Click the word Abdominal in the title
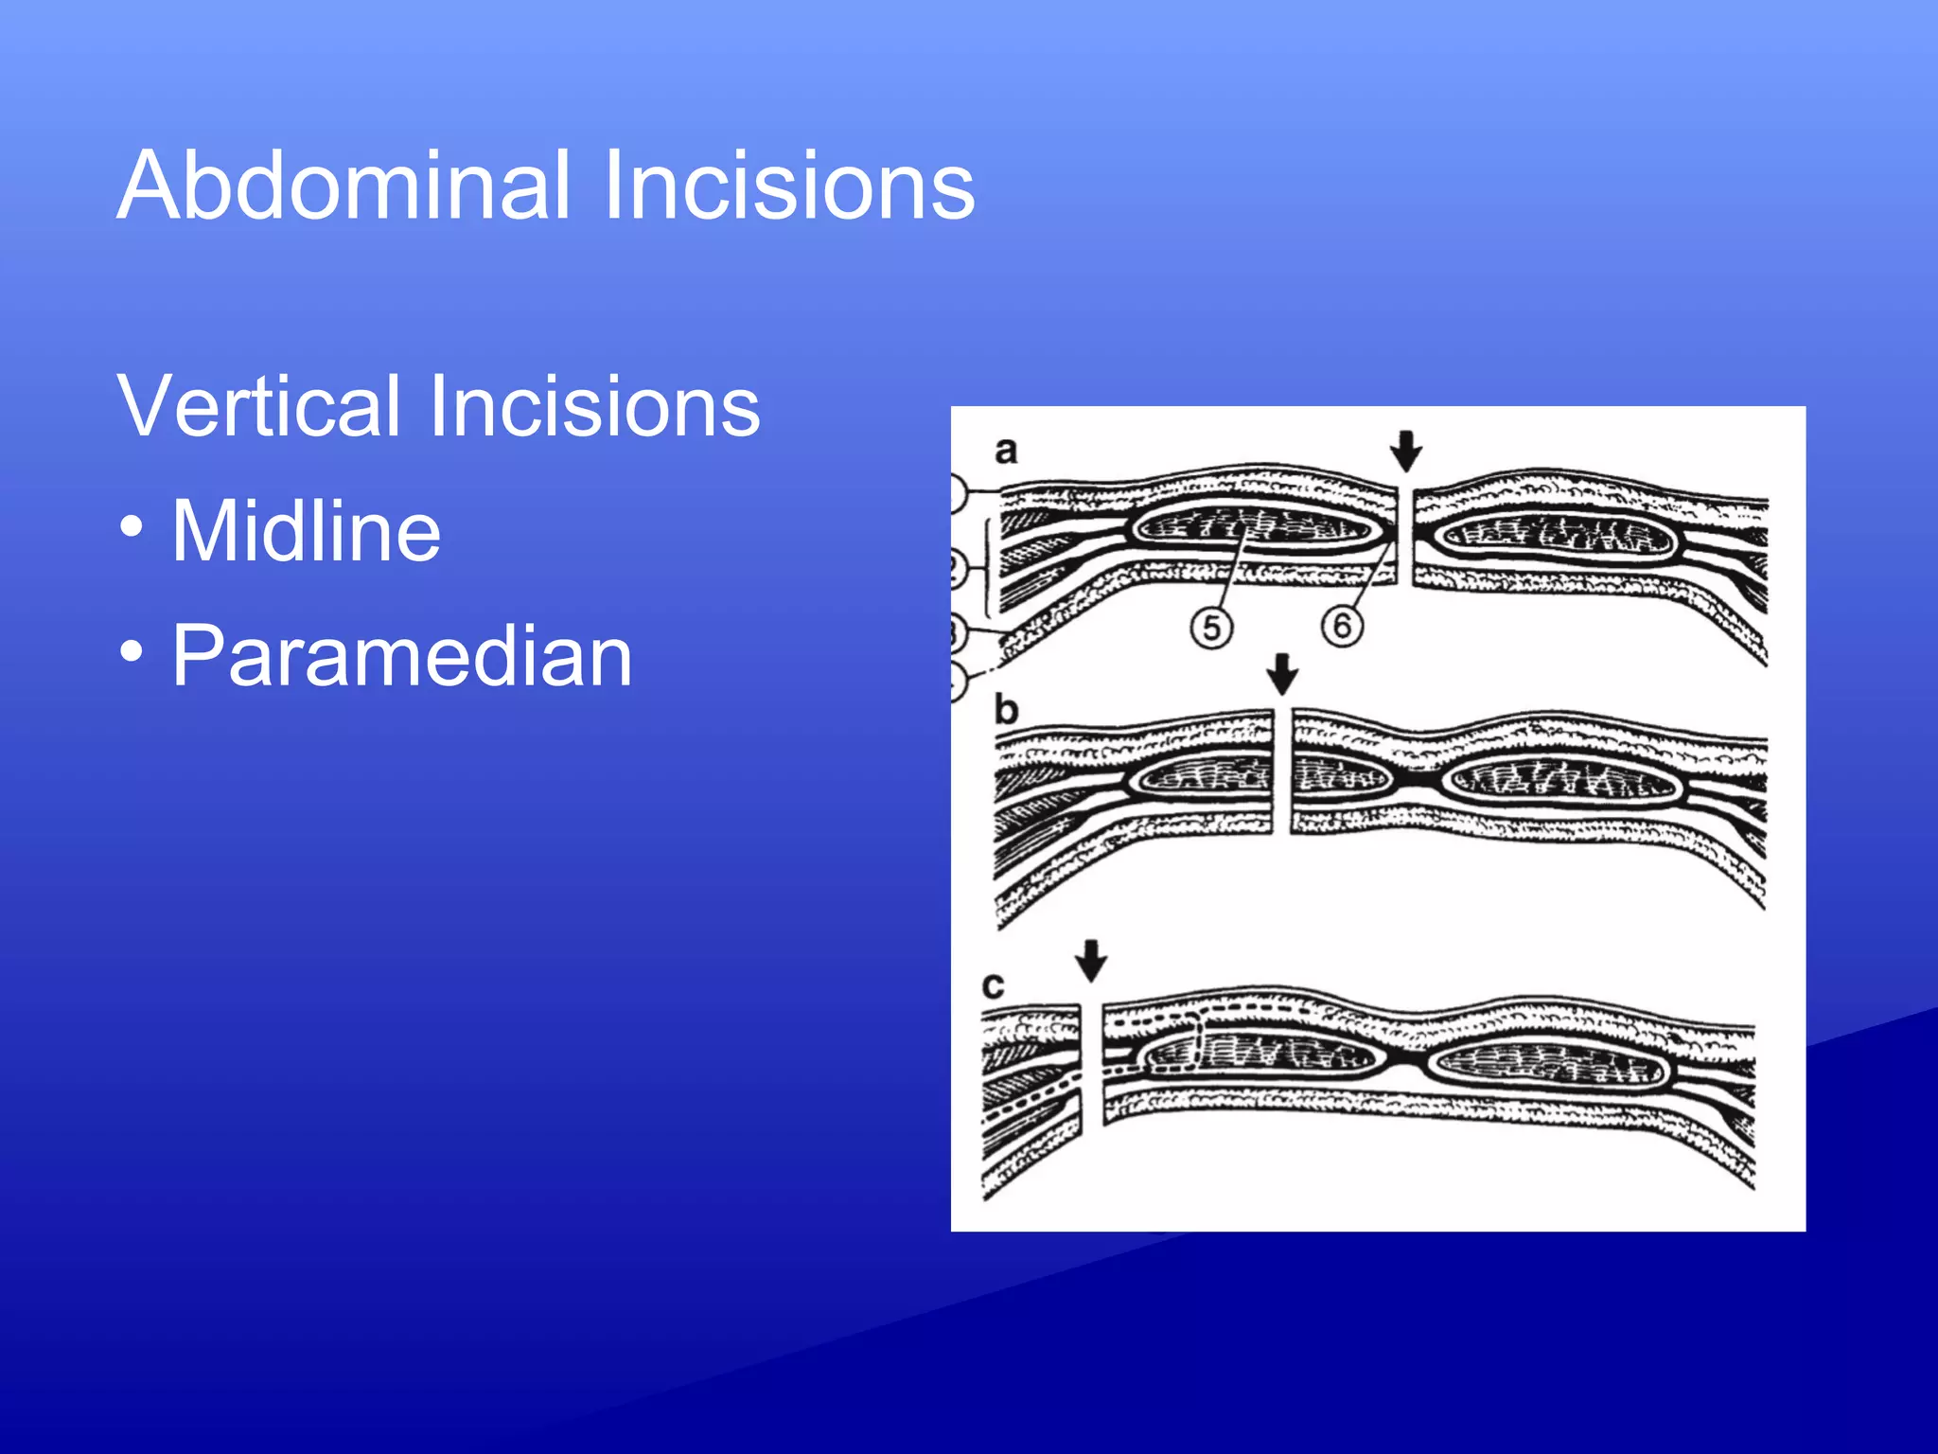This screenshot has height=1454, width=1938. pos(344,186)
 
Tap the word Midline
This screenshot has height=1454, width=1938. pos(306,531)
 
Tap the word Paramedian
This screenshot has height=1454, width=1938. pos(401,656)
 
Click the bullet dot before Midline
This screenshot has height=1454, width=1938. pos(132,527)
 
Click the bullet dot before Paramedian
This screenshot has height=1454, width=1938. pos(132,651)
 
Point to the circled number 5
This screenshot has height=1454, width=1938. pos(1211,628)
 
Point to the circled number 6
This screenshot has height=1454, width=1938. pos(1342,626)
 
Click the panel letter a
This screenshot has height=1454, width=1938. pos(1006,451)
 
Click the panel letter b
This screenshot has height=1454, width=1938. pos(1006,709)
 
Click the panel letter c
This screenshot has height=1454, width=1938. pos(993,986)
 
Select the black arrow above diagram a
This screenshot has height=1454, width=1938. pos(1406,451)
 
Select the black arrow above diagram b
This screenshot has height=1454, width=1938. pos(1282,674)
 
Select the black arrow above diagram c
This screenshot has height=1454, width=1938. pos(1091,960)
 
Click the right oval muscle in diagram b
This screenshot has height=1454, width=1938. pos(1561,781)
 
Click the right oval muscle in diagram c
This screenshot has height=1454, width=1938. pos(1546,1067)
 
